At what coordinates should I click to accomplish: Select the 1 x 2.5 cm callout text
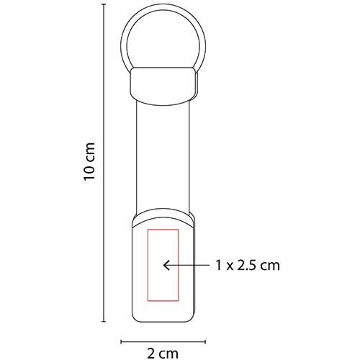point(246,265)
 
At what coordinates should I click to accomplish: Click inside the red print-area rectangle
point(162,245)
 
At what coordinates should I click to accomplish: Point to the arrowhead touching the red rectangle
point(166,266)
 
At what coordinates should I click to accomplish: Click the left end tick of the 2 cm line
point(120,341)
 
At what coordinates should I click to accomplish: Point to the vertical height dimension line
point(105,216)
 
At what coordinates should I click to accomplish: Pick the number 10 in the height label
point(89,172)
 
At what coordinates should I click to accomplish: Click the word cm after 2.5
point(269,265)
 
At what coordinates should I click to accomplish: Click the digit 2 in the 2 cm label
point(153,352)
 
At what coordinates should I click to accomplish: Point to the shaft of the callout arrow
point(189,266)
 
